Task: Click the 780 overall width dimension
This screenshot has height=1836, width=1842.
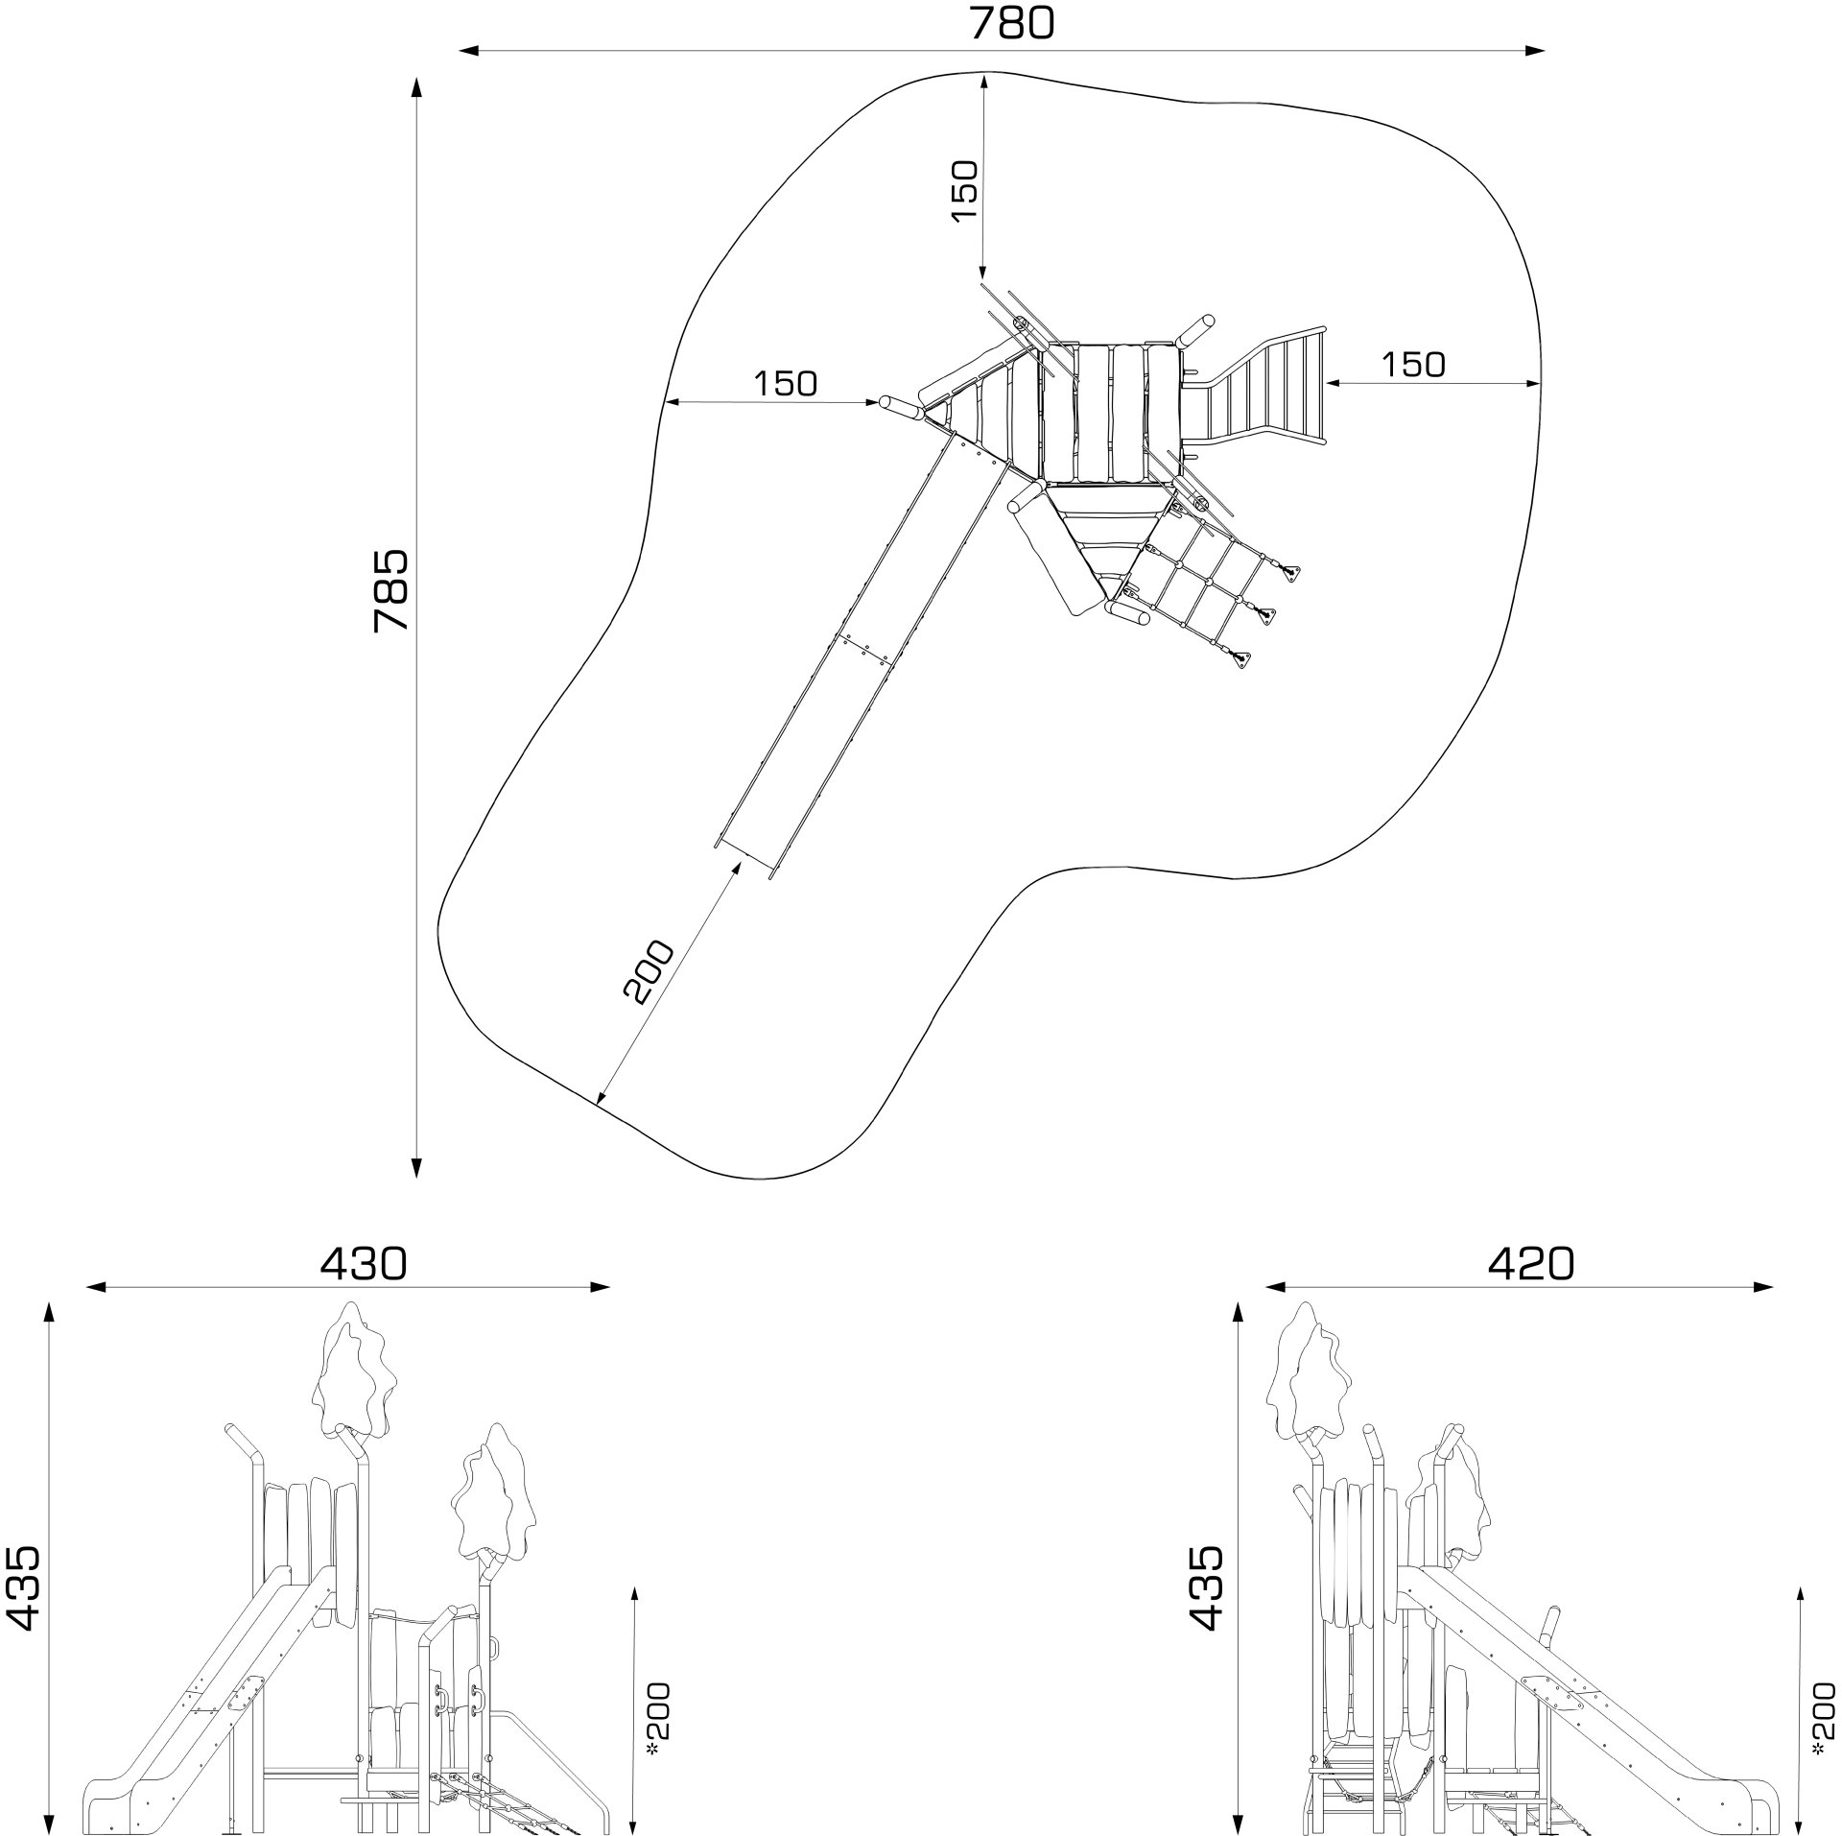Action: [1011, 23]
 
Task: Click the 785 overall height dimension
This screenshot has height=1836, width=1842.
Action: [391, 589]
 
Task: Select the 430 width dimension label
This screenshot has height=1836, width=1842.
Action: [364, 1264]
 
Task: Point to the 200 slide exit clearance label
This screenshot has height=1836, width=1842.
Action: [649, 971]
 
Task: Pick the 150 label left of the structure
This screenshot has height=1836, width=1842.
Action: [785, 383]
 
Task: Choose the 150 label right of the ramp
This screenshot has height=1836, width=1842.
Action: [1412, 364]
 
